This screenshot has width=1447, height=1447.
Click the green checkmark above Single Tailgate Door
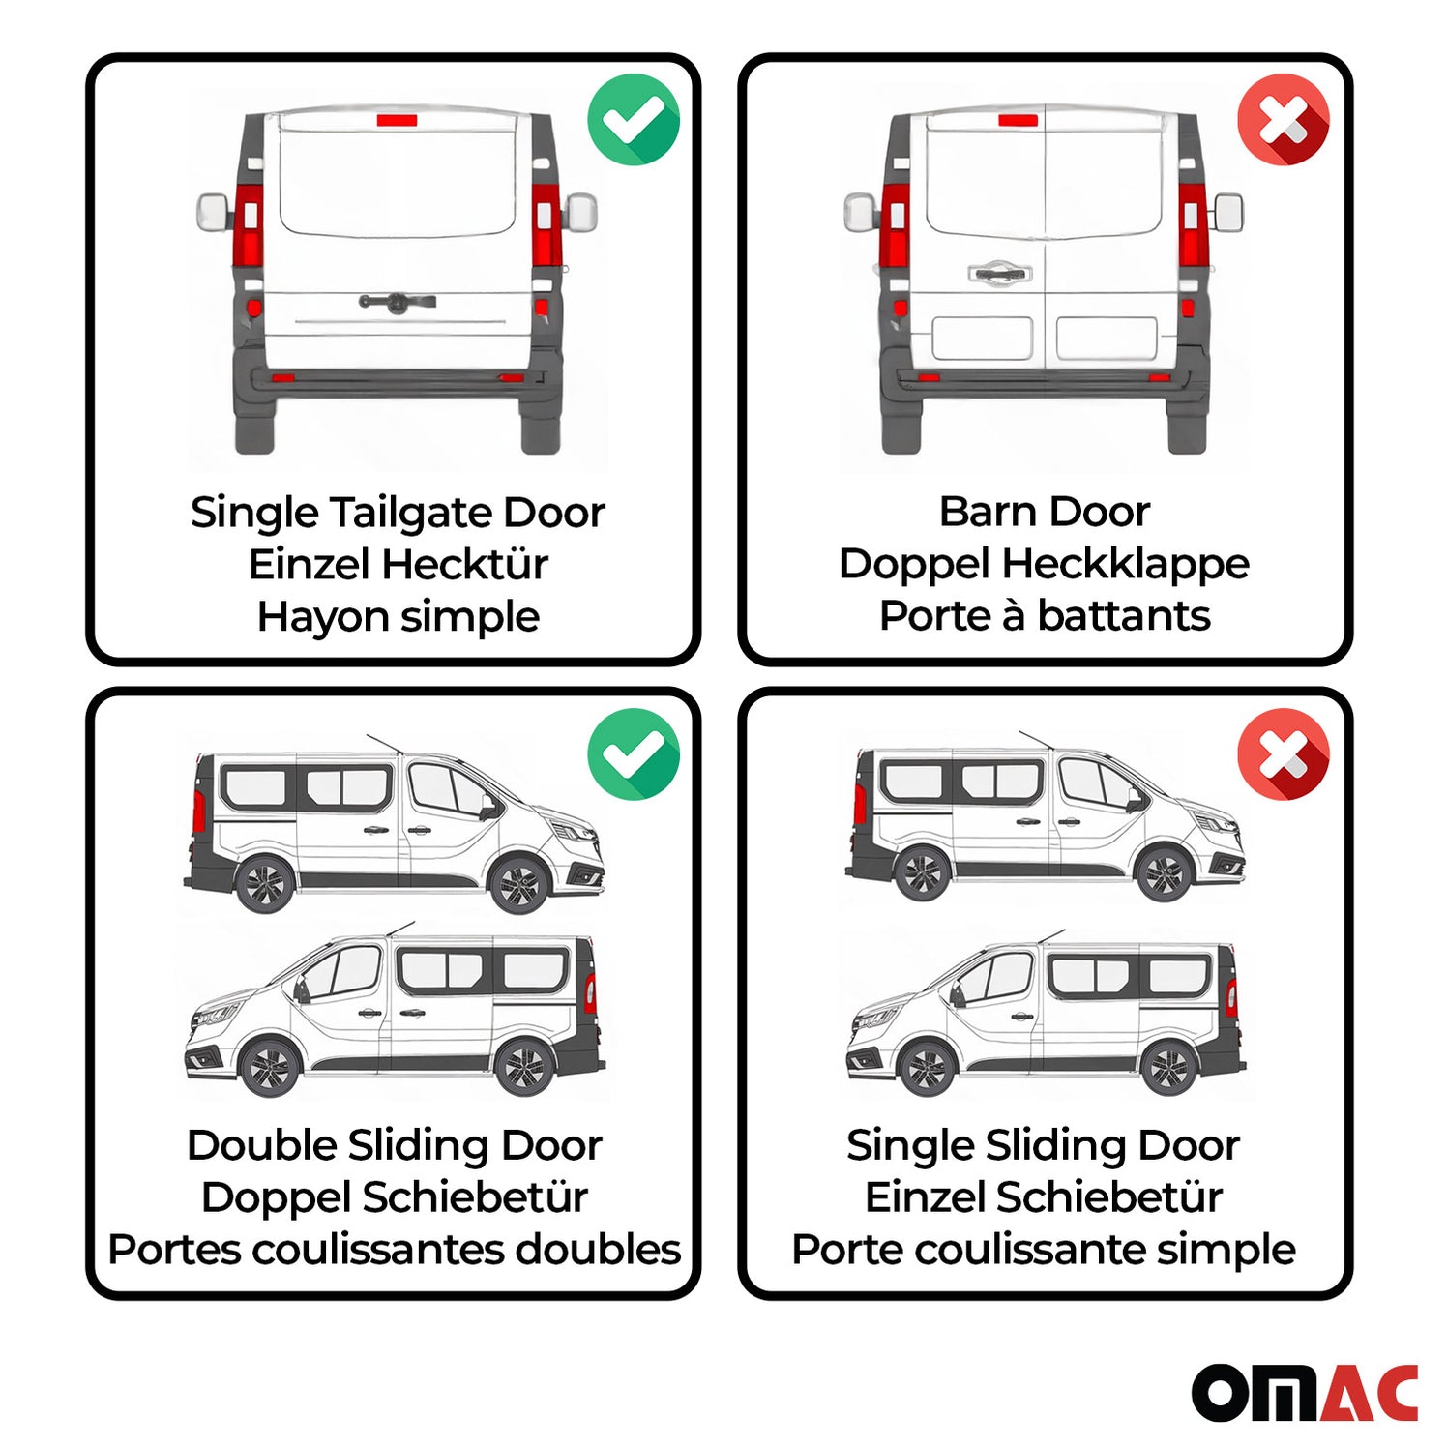tap(634, 120)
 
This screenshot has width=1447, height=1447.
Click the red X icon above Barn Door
tap(1284, 120)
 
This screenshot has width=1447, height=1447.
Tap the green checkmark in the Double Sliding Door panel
tap(634, 753)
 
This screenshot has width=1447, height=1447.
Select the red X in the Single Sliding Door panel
tap(1284, 753)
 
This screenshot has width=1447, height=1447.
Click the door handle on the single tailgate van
tap(397, 303)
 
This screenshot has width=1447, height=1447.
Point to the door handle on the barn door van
tap(999, 274)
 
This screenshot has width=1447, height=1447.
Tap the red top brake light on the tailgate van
tap(397, 121)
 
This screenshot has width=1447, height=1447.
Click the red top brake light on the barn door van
tap(1018, 121)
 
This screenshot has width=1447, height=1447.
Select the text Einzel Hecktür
tap(398, 564)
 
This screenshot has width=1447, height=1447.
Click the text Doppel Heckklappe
tap(1044, 563)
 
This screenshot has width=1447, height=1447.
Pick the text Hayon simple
tap(398, 616)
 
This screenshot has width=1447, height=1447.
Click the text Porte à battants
tap(1044, 615)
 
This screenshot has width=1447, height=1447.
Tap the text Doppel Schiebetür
tap(394, 1196)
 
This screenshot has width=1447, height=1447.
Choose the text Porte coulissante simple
tap(1043, 1249)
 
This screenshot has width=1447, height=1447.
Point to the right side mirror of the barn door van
tap(1227, 213)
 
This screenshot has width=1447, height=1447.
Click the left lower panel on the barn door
tap(981, 339)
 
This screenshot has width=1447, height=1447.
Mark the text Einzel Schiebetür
tap(1043, 1196)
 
